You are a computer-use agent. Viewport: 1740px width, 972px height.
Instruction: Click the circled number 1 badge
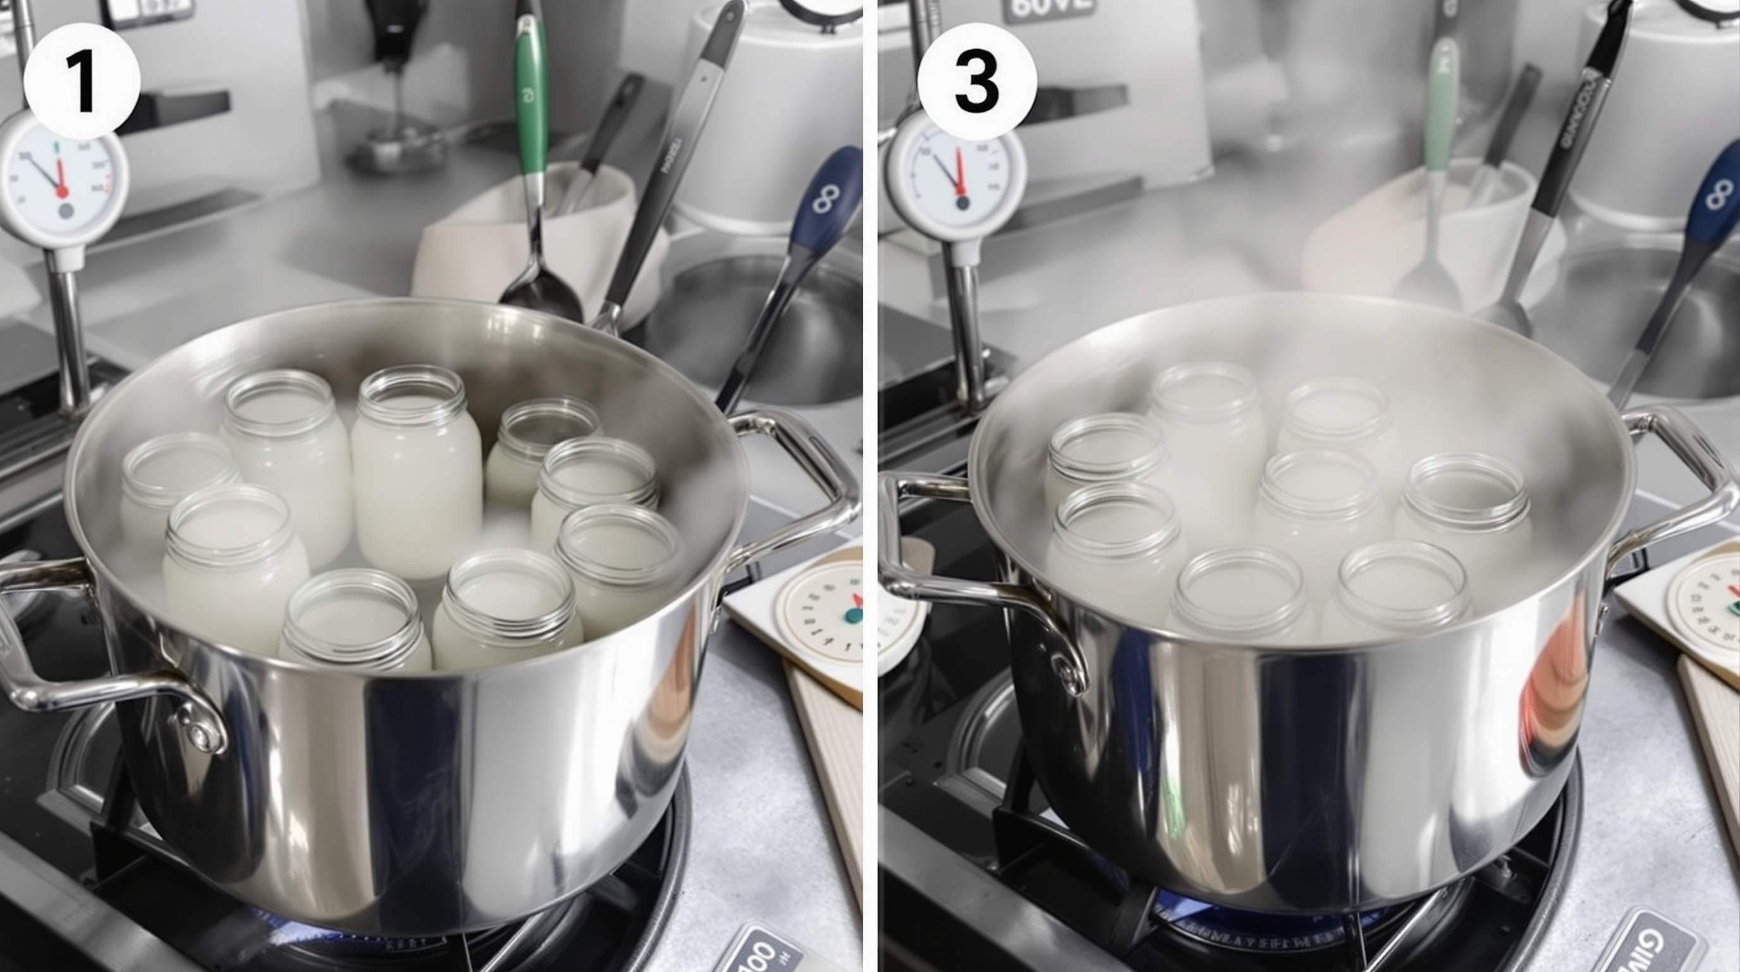click(x=82, y=81)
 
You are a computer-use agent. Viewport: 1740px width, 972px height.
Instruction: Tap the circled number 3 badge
click(x=977, y=81)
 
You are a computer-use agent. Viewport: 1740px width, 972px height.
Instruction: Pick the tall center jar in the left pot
click(x=415, y=473)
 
